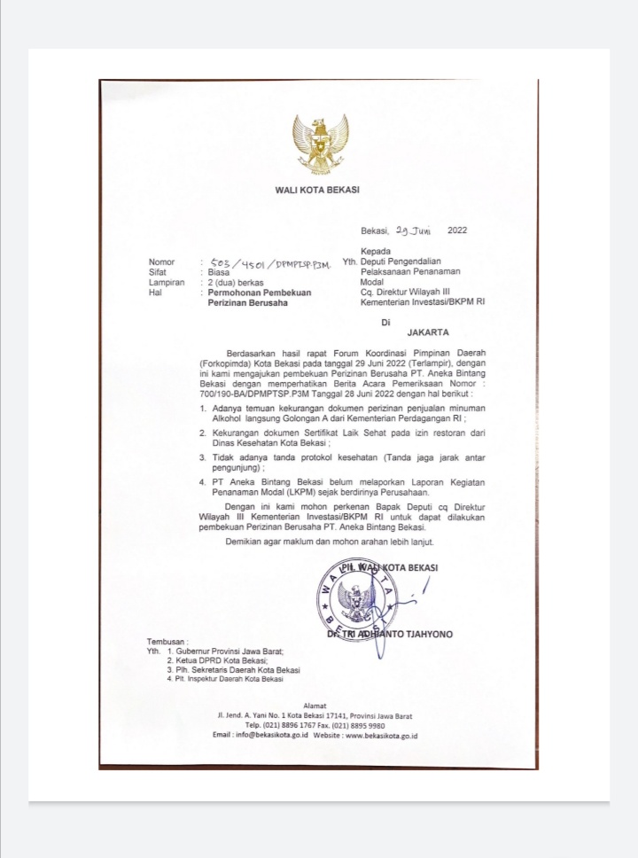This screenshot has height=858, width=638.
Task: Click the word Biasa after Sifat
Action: pos(220,273)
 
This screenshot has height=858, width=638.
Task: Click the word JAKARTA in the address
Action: pos(428,333)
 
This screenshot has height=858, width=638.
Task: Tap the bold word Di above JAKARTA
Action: pos(385,322)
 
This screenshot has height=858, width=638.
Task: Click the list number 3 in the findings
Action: pos(203,456)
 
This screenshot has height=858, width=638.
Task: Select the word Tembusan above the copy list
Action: pos(168,642)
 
